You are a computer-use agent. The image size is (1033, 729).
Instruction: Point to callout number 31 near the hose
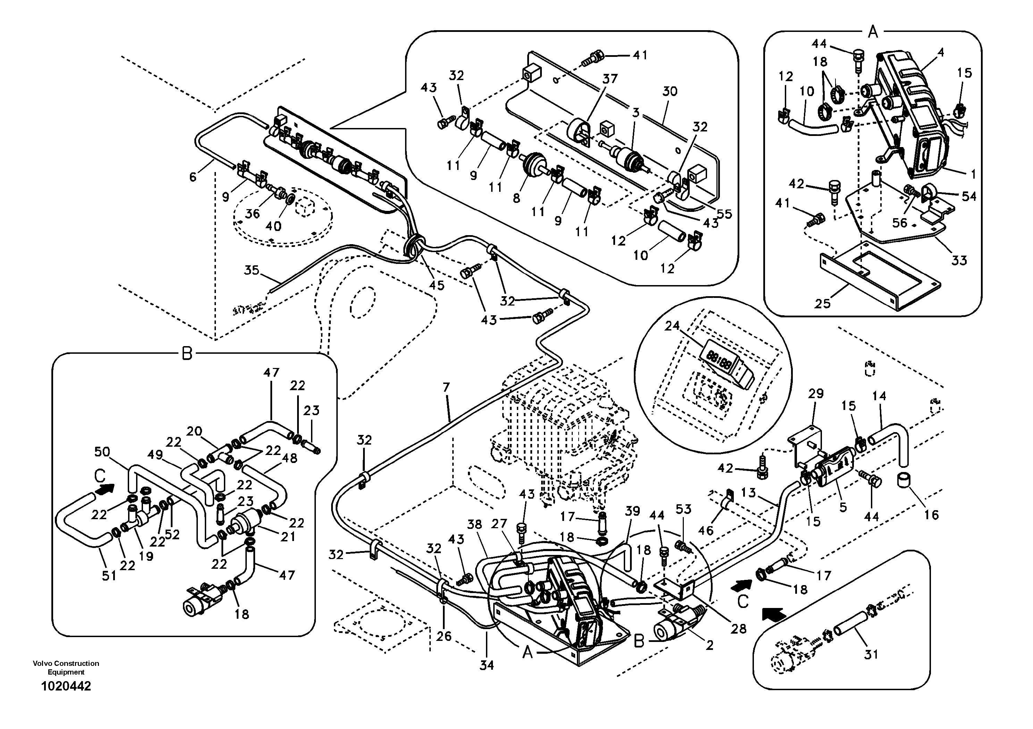[871, 654]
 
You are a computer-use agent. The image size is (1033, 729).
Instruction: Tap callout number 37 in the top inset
[610, 79]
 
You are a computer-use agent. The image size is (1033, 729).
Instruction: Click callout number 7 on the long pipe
[446, 387]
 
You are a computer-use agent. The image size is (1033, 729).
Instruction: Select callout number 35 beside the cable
[252, 270]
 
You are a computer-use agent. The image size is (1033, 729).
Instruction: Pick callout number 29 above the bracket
[816, 394]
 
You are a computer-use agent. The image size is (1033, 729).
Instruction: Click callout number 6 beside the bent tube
[193, 177]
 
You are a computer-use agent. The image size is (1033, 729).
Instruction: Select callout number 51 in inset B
[109, 576]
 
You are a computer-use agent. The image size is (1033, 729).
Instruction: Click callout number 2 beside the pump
[709, 646]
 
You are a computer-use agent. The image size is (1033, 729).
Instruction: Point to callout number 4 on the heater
[940, 53]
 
